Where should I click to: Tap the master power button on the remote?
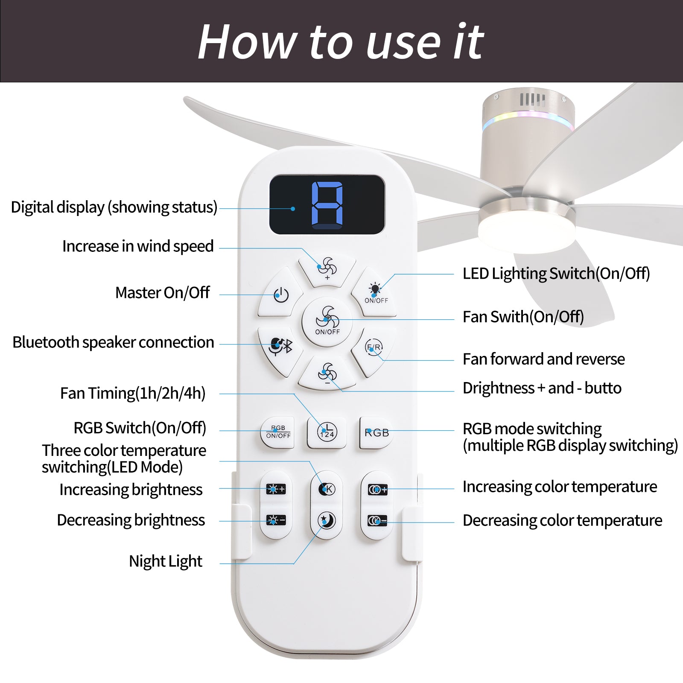pyautogui.click(x=280, y=293)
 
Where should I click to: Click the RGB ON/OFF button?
pyautogui.click(x=278, y=432)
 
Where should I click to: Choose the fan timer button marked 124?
pyautogui.click(x=327, y=432)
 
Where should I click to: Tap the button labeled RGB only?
pyautogui.click(x=377, y=432)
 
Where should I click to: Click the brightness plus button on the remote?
pyautogui.click(x=276, y=489)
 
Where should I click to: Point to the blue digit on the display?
pyautogui.click(x=327, y=204)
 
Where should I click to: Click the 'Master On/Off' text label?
pyautogui.click(x=163, y=293)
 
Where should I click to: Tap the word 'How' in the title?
pyautogui.click(x=247, y=42)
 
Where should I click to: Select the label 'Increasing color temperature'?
pyautogui.click(x=560, y=487)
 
